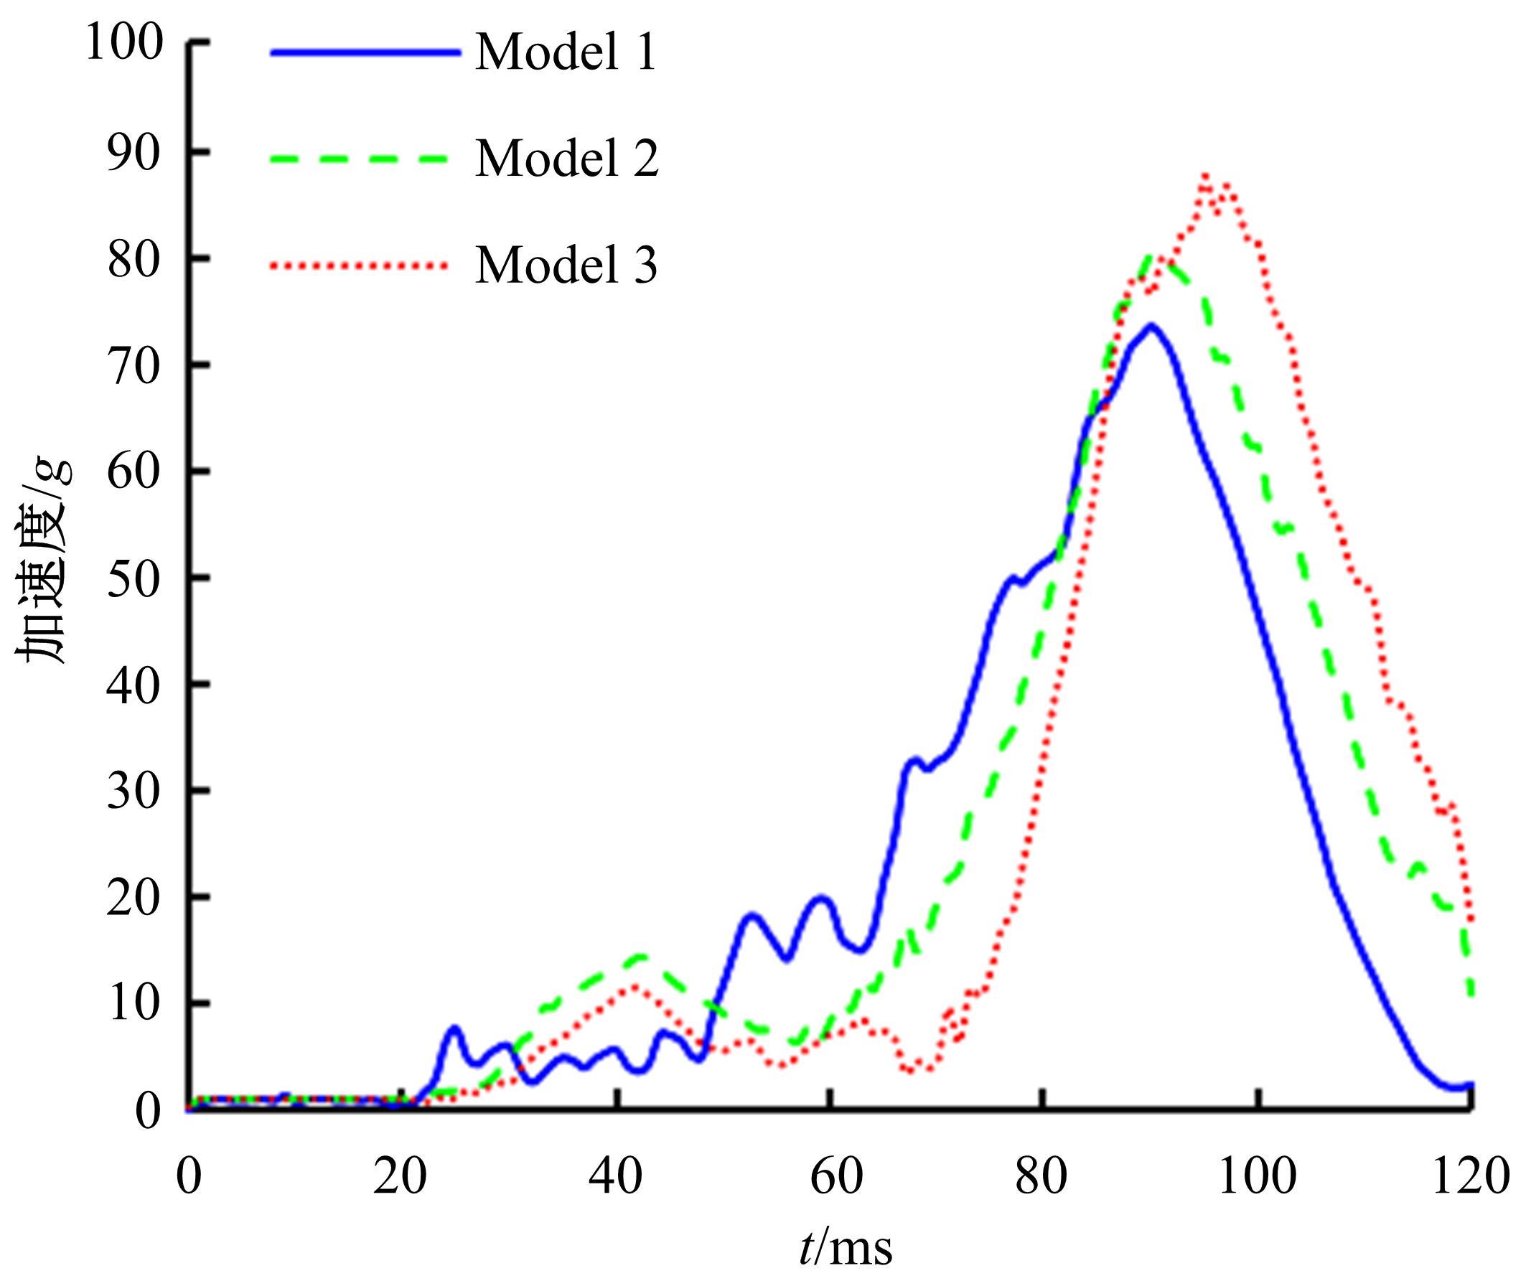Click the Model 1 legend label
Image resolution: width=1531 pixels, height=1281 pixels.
pyautogui.click(x=566, y=53)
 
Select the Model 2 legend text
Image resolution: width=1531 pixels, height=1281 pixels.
pyautogui.click(x=567, y=159)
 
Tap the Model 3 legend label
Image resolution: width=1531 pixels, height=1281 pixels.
pyautogui.click(x=566, y=266)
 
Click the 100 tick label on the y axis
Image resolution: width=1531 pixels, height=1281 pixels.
pyautogui.click(x=124, y=45)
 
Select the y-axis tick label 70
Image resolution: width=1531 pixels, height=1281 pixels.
pyautogui.click(x=135, y=365)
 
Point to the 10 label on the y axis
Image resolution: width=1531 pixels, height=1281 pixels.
pyautogui.click(x=135, y=1005)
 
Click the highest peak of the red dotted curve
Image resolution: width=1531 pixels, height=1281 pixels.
pyautogui.click(x=1206, y=176)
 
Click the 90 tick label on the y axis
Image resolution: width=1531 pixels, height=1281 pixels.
pyautogui.click(x=135, y=151)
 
